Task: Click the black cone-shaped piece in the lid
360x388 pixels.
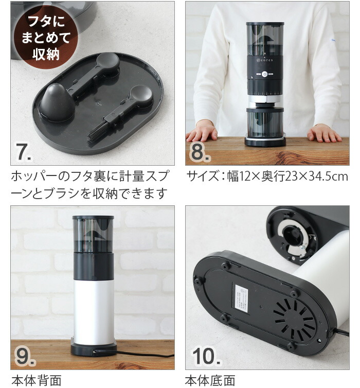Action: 56,102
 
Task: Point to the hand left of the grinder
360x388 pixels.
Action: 202,132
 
